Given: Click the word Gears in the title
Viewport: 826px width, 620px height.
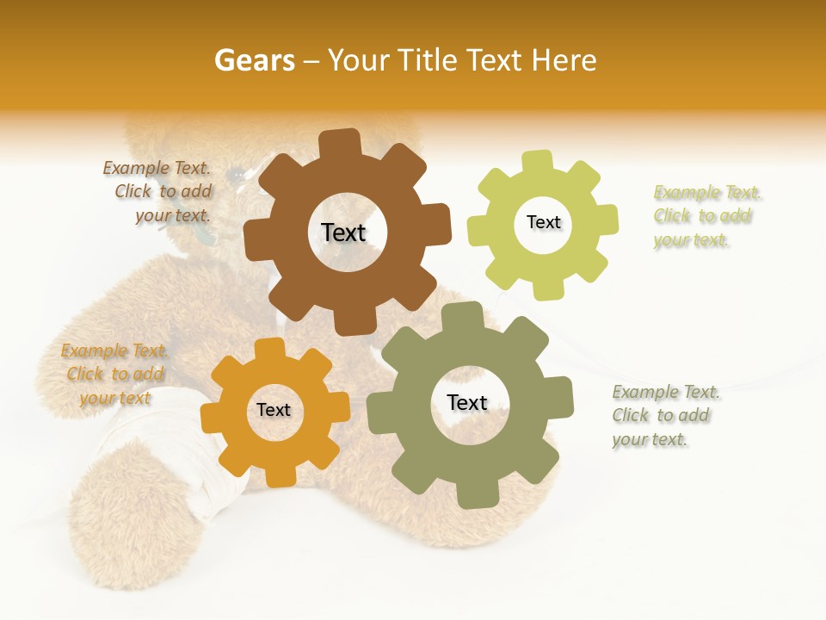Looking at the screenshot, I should [x=254, y=60].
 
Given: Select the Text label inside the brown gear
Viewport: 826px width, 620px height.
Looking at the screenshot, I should [x=343, y=232].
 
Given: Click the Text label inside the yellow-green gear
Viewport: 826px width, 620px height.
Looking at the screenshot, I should [x=543, y=222].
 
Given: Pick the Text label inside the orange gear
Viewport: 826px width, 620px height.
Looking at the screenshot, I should [x=274, y=410].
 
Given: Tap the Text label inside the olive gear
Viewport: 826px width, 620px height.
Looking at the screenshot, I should [x=467, y=402].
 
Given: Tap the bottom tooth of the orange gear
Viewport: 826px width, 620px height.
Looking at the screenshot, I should [x=278, y=475].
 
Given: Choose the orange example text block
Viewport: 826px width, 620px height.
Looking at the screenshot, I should [x=114, y=374].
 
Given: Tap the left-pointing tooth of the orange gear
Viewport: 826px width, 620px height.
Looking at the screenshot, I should [x=212, y=417].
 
